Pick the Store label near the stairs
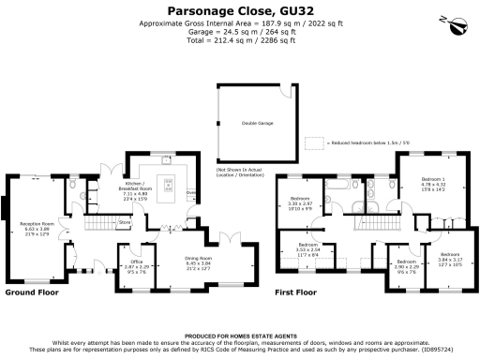tap(124, 222)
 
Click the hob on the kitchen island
tap(170, 183)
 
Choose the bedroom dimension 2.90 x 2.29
tap(405, 267)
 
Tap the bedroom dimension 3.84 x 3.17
tap(450, 258)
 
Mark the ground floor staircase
tap(98, 226)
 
